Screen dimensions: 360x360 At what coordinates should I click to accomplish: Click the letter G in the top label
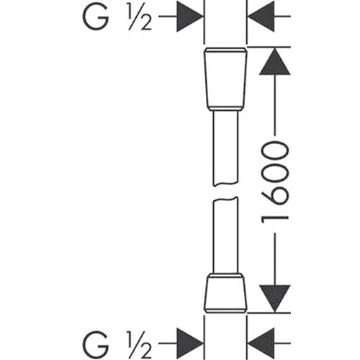[95, 17]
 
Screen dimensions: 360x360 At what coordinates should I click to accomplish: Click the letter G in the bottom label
[95, 343]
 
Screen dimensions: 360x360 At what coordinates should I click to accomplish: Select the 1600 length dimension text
[275, 182]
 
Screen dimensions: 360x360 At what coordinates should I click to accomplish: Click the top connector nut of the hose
[225, 79]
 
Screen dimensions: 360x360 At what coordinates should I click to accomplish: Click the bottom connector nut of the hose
[225, 293]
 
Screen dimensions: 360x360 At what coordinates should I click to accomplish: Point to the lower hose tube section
[225, 235]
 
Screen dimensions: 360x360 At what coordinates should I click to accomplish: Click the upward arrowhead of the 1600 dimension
[275, 61]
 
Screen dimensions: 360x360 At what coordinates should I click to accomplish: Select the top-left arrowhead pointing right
[189, 17]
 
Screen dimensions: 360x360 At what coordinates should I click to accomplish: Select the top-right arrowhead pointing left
[261, 17]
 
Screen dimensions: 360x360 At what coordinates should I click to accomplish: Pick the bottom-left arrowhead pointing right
[189, 343]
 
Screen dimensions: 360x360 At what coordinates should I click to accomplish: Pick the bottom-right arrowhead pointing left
[261, 343]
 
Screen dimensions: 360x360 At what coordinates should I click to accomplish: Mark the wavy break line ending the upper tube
[225, 184]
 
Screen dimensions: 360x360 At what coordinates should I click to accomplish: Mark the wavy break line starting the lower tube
[225, 199]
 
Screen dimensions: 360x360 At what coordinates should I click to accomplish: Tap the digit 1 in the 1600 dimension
[275, 219]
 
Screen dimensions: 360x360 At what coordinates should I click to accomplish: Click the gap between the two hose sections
[225, 192]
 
